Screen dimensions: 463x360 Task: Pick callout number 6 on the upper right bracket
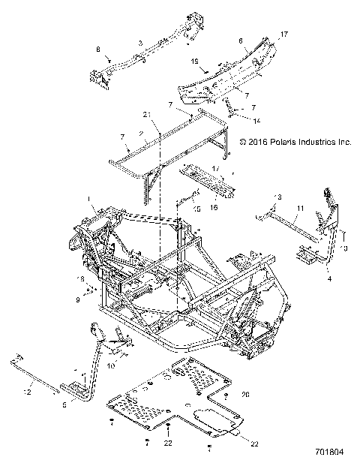[239, 42]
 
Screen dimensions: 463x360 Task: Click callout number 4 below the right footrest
[328, 278]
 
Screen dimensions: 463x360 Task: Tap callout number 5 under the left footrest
[65, 404]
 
